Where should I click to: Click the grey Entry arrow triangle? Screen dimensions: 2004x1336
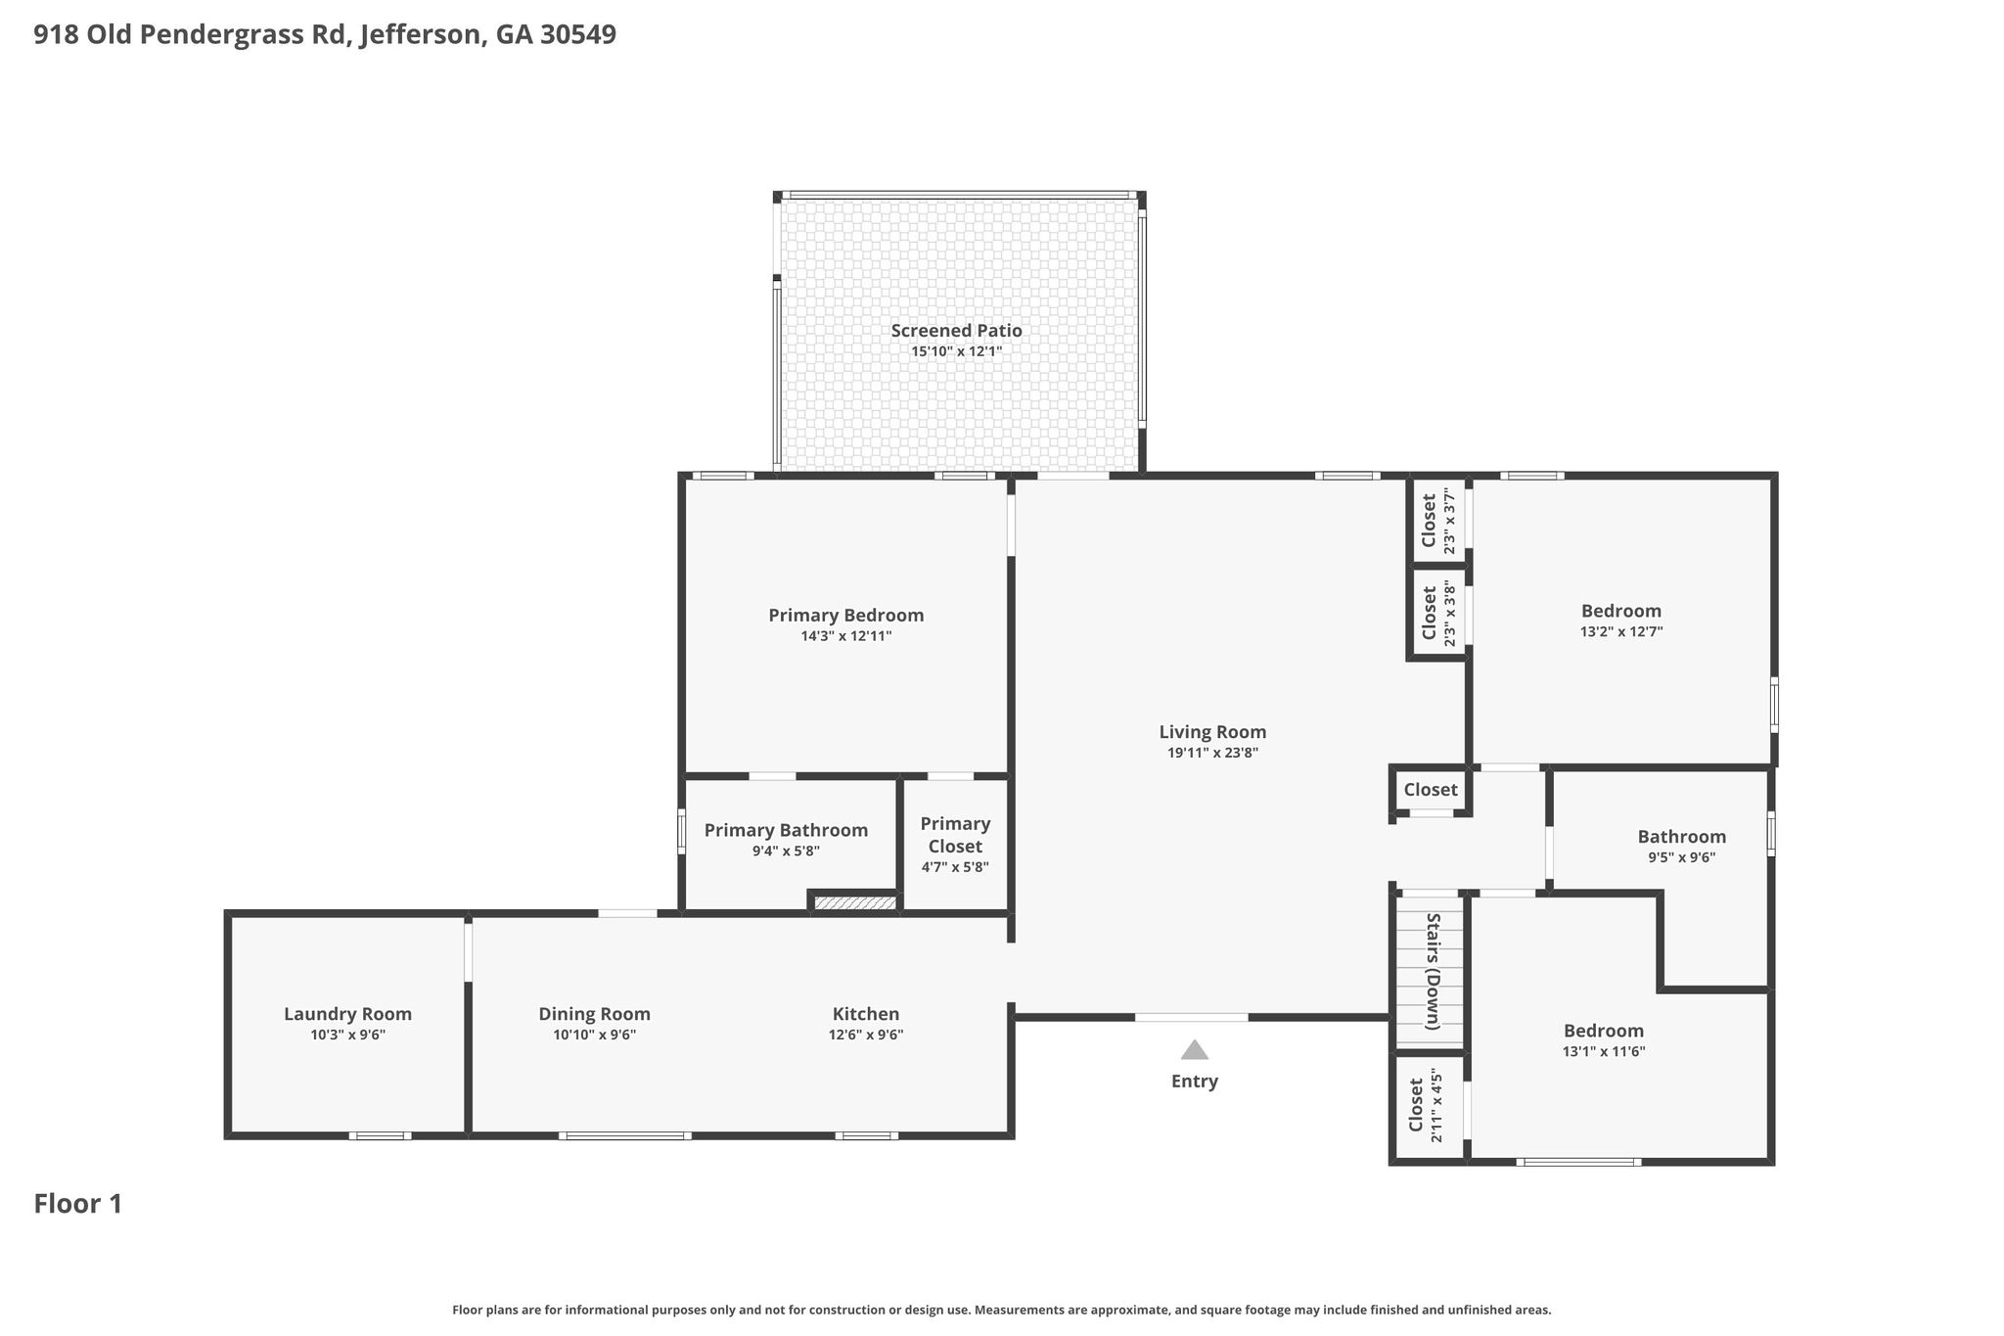click(1194, 1050)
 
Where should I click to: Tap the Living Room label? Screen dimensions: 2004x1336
click(1212, 732)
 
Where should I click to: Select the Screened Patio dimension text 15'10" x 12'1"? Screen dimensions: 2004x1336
click(956, 351)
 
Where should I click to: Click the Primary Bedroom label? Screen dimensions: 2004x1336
click(845, 616)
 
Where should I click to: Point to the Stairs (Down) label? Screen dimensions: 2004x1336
click(1433, 971)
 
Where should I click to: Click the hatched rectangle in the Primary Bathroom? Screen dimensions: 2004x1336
click(855, 903)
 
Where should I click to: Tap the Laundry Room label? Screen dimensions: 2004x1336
click(347, 1014)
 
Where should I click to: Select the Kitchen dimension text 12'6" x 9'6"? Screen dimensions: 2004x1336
click(866, 1036)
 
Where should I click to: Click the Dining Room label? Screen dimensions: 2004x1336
click(594, 1014)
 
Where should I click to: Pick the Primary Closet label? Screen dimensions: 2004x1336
click(955, 835)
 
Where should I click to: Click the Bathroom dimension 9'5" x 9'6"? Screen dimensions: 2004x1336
click(1681, 857)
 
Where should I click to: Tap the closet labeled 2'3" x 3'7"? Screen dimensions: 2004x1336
click(1438, 521)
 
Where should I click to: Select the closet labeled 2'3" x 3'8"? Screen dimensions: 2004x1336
click(1438, 614)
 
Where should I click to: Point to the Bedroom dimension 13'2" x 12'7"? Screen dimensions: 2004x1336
click(1621, 632)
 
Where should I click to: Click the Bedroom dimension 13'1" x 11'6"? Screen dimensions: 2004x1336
click(1604, 1052)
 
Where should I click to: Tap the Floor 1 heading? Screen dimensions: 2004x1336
click(78, 1204)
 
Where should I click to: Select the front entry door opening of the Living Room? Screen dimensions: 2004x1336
click(1192, 1018)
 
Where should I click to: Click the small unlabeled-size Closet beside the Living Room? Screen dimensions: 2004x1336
click(1431, 790)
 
